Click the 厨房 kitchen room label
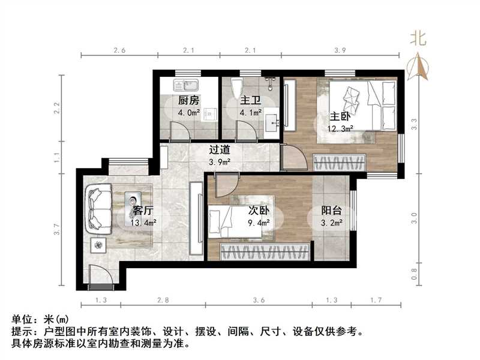(x=189, y=100)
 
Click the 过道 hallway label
(x=219, y=151)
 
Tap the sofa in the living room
(x=99, y=207)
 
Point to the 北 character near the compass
(x=418, y=39)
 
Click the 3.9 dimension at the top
(x=341, y=51)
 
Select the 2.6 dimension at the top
(x=119, y=51)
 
